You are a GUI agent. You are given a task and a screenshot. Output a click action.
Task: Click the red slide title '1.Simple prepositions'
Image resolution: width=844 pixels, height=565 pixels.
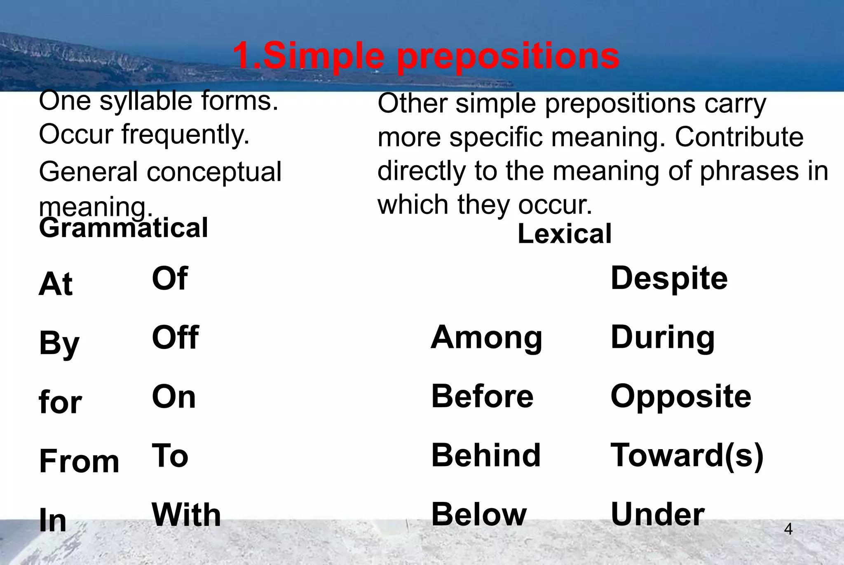tap(426, 56)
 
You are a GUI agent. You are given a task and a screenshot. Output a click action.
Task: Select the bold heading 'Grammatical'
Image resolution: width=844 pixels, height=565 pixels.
tap(123, 228)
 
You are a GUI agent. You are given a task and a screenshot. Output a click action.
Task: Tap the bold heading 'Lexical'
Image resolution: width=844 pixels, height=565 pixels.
tap(564, 234)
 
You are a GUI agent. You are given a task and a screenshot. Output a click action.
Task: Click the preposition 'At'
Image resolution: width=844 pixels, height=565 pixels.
tap(56, 284)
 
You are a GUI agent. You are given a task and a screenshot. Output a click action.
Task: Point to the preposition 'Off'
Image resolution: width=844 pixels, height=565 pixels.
tap(175, 337)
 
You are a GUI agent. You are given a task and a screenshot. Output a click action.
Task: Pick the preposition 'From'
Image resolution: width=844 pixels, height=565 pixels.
tap(79, 461)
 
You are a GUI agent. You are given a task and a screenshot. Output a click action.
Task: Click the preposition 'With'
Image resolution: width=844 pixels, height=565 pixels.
tap(186, 515)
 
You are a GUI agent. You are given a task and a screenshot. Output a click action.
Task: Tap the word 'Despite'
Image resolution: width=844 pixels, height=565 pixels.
tap(669, 278)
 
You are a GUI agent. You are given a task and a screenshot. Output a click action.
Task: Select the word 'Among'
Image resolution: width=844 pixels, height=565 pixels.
tap(486, 338)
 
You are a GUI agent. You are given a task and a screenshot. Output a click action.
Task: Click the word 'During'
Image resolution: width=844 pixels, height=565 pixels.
tap(662, 338)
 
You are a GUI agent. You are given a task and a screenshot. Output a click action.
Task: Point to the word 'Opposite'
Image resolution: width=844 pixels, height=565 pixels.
tap(681, 396)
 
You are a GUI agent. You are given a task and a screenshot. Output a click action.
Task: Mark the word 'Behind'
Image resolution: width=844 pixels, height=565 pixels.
tap(486, 455)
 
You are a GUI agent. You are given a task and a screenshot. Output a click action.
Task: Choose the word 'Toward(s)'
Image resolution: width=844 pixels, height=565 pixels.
tap(687, 456)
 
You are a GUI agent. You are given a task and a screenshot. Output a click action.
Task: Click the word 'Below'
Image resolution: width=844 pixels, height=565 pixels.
tap(479, 515)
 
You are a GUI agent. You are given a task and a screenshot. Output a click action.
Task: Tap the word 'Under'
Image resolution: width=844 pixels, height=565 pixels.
tap(658, 515)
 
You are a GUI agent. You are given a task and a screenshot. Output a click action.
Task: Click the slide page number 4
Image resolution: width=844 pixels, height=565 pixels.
tap(788, 529)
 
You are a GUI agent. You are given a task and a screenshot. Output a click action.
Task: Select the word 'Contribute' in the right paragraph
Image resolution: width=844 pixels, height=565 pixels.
tap(739, 137)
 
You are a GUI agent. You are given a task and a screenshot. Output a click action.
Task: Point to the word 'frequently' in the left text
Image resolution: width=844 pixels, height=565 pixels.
tap(185, 135)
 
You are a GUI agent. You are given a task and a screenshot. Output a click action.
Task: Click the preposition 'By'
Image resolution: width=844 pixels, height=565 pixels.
tap(59, 343)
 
